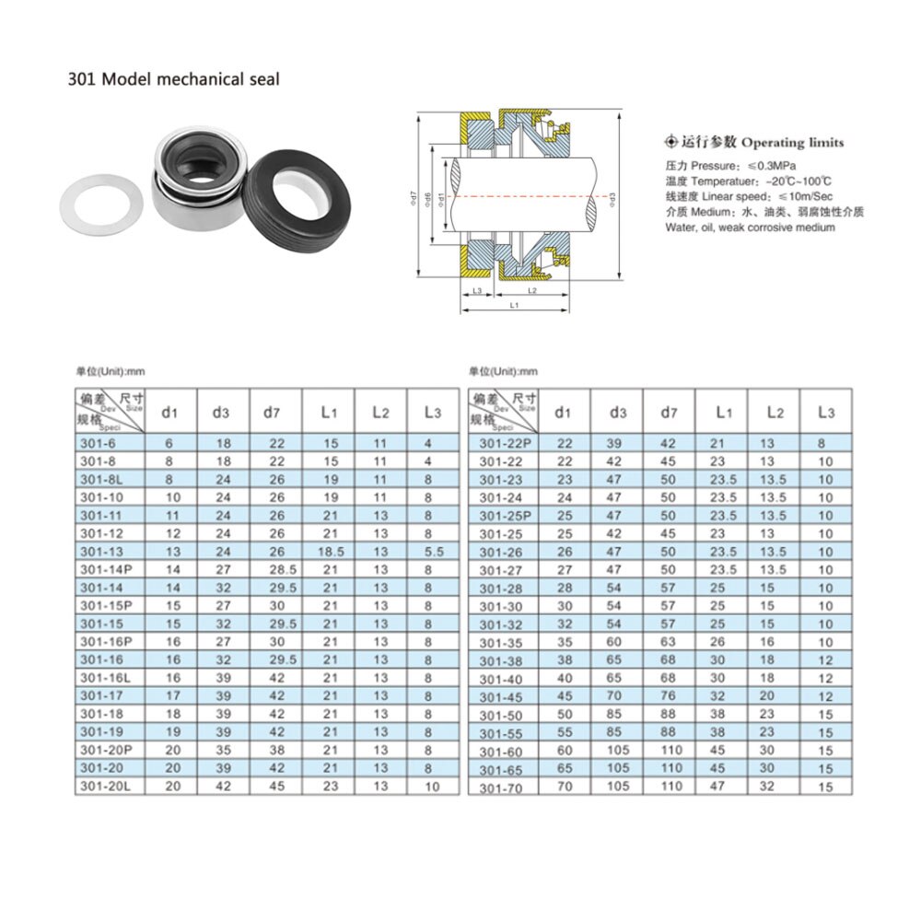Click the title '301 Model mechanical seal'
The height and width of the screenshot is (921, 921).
tap(173, 79)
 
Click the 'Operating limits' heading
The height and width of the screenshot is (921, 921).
tap(792, 143)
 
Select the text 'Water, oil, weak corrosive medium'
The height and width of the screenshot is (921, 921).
tap(751, 227)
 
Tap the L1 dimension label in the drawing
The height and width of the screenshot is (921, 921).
tap(512, 304)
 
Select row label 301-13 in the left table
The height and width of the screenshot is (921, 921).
tap(100, 551)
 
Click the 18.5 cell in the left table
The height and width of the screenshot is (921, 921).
tap(330, 551)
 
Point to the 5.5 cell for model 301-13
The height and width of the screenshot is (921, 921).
tap(434, 551)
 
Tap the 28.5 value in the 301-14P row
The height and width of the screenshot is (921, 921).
tap(276, 569)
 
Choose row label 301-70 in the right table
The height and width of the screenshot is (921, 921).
tap(501, 788)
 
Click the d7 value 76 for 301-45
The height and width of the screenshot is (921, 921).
tap(669, 696)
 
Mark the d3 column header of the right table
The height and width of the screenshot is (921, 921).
tap(616, 412)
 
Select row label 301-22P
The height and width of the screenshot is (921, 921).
tap(505, 444)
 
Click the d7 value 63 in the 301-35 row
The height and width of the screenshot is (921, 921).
tap(669, 642)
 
